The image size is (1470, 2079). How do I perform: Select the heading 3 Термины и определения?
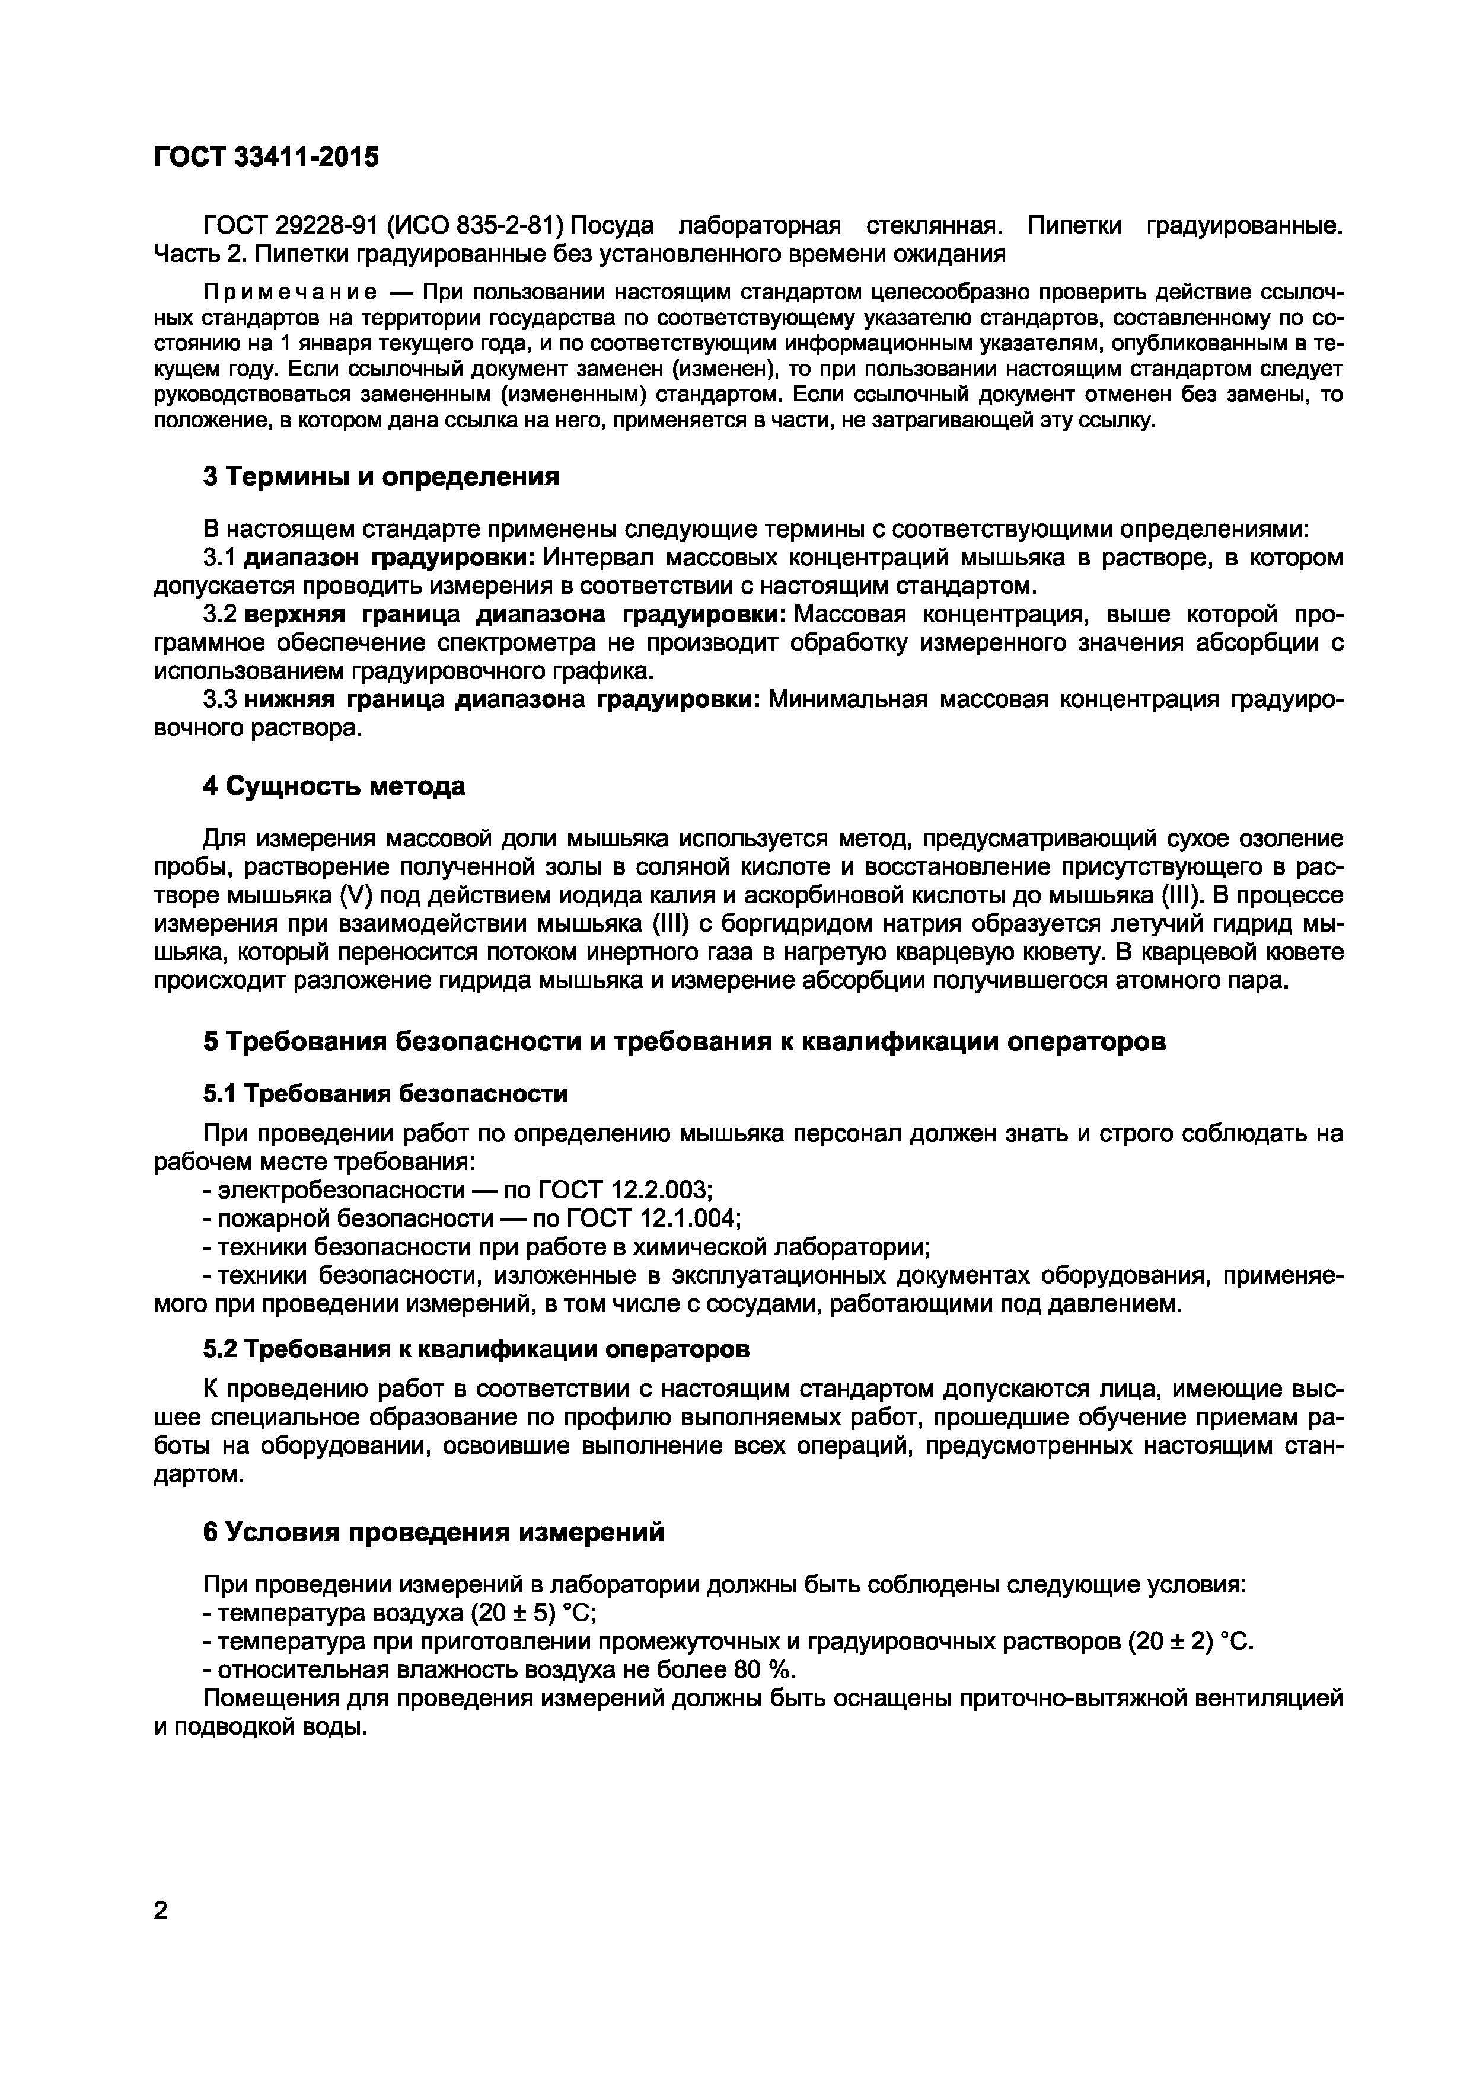[381, 476]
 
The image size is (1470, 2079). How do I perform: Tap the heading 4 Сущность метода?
[333, 786]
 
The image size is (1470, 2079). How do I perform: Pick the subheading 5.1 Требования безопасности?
[385, 1094]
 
